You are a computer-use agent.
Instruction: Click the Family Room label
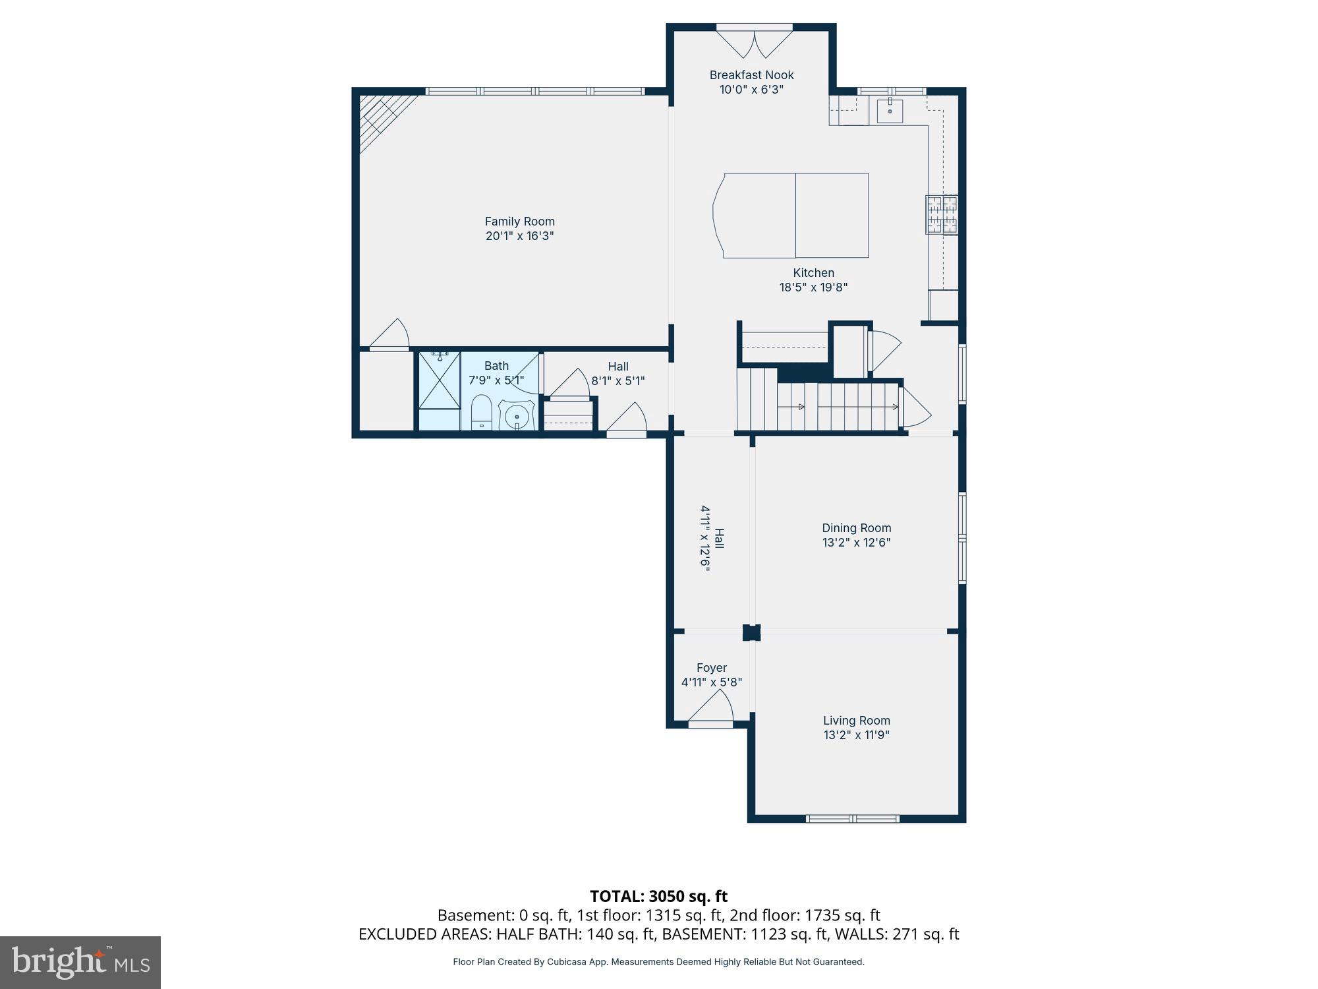519,222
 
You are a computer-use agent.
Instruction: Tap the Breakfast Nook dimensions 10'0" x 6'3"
751,90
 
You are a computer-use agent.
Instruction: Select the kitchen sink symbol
890,110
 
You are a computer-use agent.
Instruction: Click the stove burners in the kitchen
941,214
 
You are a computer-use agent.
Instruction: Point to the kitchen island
794,216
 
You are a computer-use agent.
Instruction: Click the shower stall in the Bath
440,380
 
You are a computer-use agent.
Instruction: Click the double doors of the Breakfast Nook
755,41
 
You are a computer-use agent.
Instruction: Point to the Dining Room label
856,528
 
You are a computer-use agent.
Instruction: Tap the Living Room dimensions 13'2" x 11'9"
856,735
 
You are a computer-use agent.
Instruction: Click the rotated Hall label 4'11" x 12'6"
712,538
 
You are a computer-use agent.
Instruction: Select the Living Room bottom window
853,819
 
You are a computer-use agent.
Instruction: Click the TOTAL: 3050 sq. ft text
658,896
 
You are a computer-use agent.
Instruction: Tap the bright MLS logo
80,962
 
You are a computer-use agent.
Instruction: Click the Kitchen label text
813,273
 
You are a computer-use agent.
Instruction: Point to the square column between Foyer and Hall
751,632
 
